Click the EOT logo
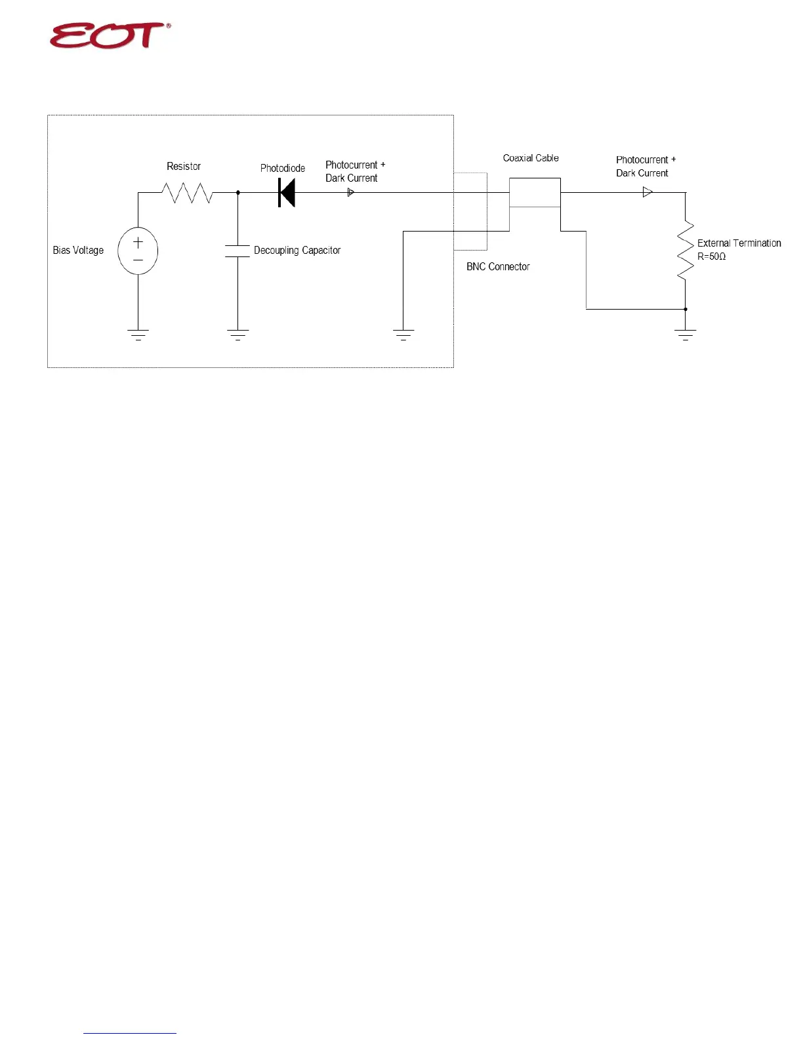click(x=110, y=35)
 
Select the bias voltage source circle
click(x=138, y=251)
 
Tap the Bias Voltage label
click(x=78, y=251)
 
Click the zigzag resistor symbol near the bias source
click(x=188, y=193)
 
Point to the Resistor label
click(x=184, y=167)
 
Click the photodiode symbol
click(x=287, y=193)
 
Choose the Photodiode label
click(x=283, y=169)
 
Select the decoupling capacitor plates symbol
click(x=237, y=251)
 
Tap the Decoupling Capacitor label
click(x=297, y=251)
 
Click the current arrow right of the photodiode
click(x=351, y=193)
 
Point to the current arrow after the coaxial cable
click(x=648, y=192)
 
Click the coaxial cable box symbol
click(x=535, y=193)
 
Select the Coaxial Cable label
click(x=531, y=158)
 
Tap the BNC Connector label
click(x=498, y=267)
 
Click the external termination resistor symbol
click(x=686, y=251)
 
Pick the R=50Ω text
click(x=712, y=256)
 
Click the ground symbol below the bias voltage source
click(x=138, y=335)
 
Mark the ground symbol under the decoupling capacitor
click(x=237, y=335)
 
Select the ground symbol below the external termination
click(x=686, y=335)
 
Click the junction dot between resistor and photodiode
click(x=237, y=193)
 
